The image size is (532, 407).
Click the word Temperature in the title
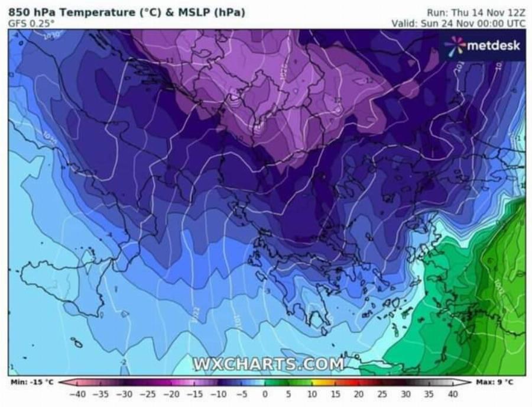point(89,12)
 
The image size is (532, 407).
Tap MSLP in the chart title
point(194,12)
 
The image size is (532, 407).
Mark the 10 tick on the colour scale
point(312,393)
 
